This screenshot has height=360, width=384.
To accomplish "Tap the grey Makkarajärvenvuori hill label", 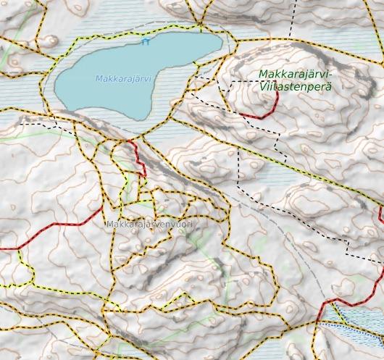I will coord(151,225).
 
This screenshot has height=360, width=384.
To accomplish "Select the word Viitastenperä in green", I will coord(294,86).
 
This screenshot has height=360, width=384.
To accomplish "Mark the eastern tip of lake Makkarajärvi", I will coord(222,45).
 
